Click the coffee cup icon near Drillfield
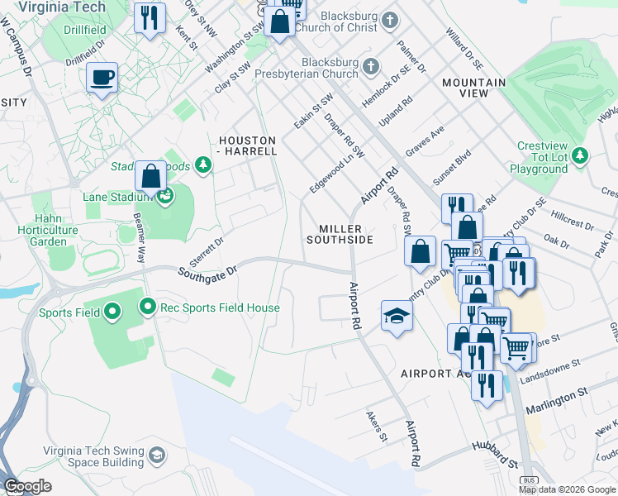click(x=102, y=78)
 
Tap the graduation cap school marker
click(x=397, y=316)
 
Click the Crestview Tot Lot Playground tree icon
click(x=580, y=155)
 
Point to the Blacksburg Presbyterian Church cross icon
click(x=371, y=66)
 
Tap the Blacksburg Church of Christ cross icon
click(x=388, y=18)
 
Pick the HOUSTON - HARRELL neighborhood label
click(x=247, y=145)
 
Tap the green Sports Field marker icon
click(x=112, y=312)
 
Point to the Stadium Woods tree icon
click(x=202, y=166)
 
